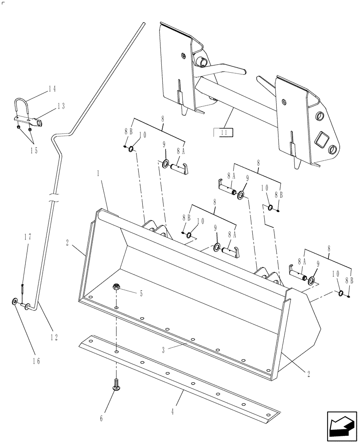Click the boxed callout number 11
[x=224, y=132]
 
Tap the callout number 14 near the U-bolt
[x=52, y=89]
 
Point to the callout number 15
[x=33, y=150]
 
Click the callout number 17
[x=27, y=237]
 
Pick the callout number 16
[x=36, y=361]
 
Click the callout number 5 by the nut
[x=141, y=293]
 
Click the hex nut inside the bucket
[x=117, y=288]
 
